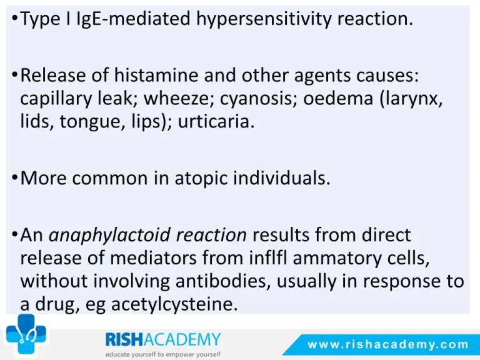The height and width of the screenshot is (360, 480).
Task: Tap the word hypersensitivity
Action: tap(264, 19)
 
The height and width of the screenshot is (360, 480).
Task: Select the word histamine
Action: tap(156, 75)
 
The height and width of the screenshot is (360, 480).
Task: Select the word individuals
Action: tap(282, 177)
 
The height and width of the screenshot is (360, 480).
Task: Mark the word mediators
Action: tap(153, 258)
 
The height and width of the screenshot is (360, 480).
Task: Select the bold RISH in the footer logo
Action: tap(124, 339)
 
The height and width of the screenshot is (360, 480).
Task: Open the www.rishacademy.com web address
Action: tap(388, 345)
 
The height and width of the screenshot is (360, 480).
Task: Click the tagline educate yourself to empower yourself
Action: tap(163, 354)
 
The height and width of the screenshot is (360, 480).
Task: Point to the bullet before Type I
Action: tap(14, 19)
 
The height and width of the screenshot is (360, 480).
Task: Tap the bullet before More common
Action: tap(14, 177)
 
